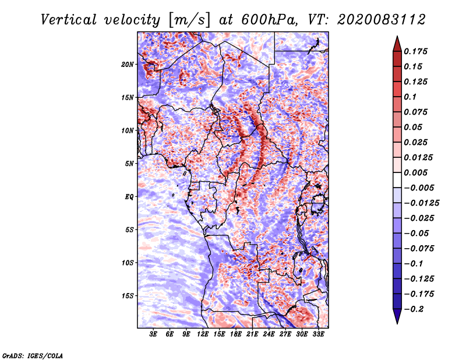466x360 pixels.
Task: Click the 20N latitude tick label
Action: (x=128, y=64)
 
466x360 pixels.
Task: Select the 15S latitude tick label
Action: (x=128, y=295)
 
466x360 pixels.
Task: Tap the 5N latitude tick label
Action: (x=129, y=163)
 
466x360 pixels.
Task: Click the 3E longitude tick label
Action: (x=154, y=334)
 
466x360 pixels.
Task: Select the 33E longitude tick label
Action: (x=318, y=334)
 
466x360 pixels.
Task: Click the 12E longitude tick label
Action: (x=203, y=334)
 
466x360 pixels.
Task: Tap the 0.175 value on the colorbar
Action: (x=416, y=51)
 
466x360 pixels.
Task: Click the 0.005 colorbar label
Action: (x=416, y=172)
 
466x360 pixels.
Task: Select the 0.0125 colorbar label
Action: (x=419, y=157)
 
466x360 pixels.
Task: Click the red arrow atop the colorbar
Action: (x=397, y=43)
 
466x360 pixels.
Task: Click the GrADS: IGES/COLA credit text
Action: (x=33, y=355)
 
